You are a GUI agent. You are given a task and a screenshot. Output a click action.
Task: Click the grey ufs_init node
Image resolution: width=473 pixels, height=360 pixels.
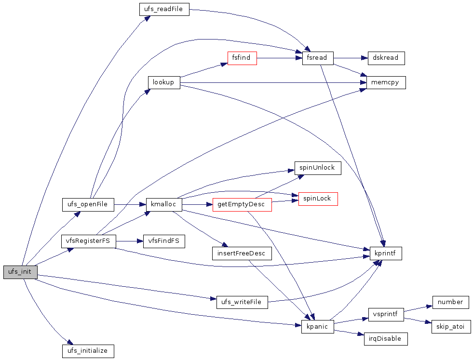pyautogui.click(x=20, y=272)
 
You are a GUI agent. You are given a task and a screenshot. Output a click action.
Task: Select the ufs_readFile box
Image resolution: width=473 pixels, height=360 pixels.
pyautogui.click(x=164, y=9)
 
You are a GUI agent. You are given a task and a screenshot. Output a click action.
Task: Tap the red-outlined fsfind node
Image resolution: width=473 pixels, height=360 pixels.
pyautogui.click(x=242, y=58)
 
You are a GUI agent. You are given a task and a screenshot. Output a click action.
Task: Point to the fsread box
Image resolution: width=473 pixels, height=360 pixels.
pyautogui.click(x=317, y=58)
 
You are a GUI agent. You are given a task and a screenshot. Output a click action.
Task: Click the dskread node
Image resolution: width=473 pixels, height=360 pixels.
pyautogui.click(x=386, y=58)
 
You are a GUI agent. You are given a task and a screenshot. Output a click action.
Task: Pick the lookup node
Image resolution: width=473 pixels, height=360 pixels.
pyautogui.click(x=163, y=82)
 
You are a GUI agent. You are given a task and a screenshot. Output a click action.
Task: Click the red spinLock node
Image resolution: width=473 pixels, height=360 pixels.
pyautogui.click(x=318, y=199)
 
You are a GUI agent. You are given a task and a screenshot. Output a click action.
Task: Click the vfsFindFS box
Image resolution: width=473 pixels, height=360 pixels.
pyautogui.click(x=164, y=241)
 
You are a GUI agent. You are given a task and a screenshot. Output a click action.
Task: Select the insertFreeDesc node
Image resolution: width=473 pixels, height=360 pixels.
pyautogui.click(x=242, y=253)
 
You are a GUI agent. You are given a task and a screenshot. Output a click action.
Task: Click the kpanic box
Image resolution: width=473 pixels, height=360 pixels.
pyautogui.click(x=317, y=327)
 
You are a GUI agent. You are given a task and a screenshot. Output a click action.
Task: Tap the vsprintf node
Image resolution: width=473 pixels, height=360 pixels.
pyautogui.click(x=386, y=314)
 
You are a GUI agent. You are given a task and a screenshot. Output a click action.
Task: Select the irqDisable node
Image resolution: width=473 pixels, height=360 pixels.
pyautogui.click(x=386, y=339)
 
